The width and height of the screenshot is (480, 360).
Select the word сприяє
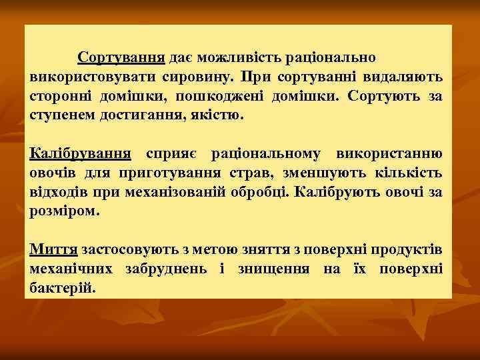pyautogui.click(x=171, y=155)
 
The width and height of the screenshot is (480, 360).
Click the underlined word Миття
pyautogui.click(x=54, y=250)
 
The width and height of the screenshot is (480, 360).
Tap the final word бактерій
pyautogui.click(x=63, y=289)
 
